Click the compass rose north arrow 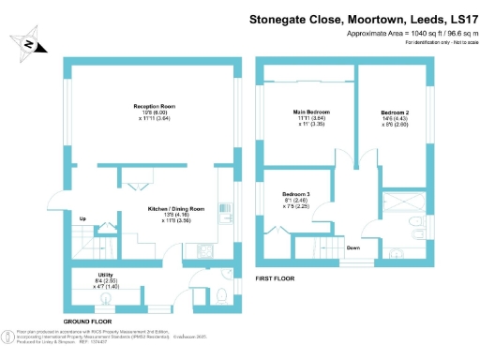33,44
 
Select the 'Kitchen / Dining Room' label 175,208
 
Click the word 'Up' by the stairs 82,219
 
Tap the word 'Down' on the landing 354,247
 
